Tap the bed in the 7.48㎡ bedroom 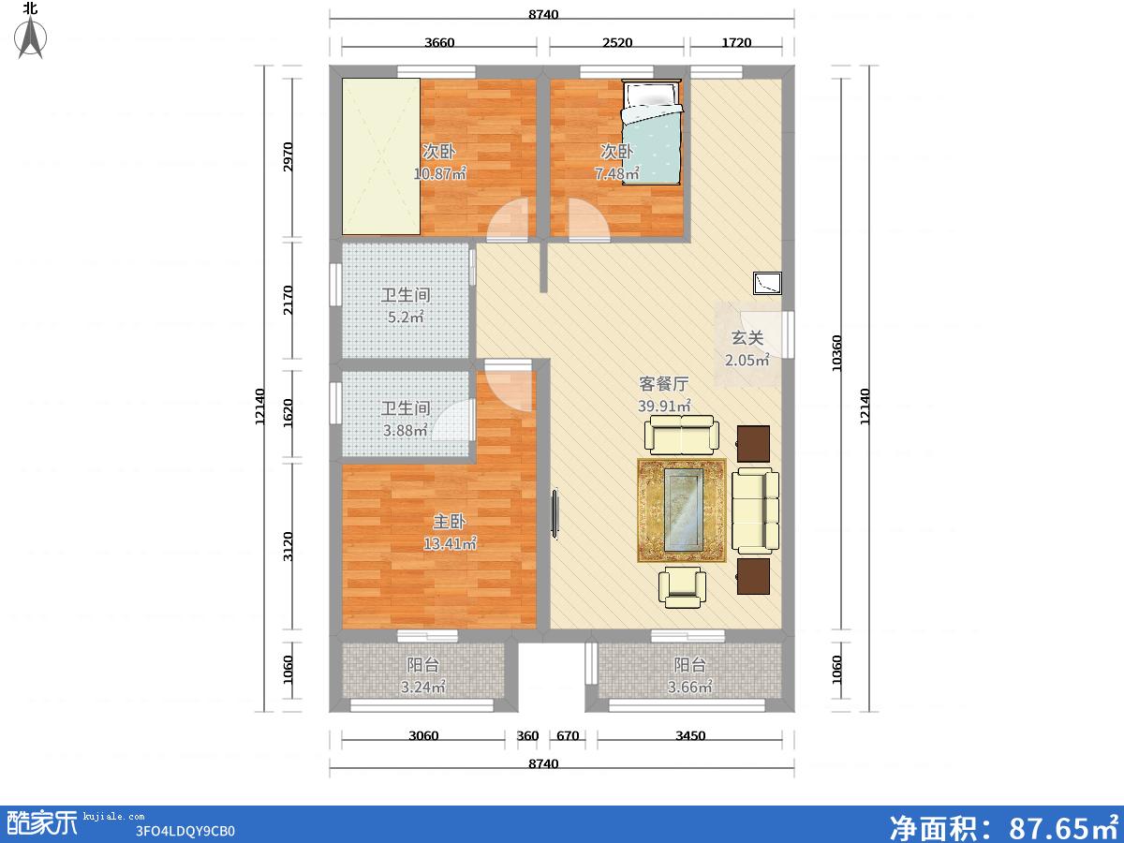652,132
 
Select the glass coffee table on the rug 683,510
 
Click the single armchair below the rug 682,587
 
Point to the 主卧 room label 449,522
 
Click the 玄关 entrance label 747,338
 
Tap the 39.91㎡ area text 664,406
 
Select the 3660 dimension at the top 439,42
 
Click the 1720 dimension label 736,42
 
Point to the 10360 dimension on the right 836,353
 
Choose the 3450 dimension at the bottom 690,735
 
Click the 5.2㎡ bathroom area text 406,318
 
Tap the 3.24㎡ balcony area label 423,687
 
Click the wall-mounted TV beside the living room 555,514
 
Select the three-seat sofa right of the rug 755,510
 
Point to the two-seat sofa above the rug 682,435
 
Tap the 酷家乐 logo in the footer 41,822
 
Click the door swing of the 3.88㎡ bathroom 451,421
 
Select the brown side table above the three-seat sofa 753,444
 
